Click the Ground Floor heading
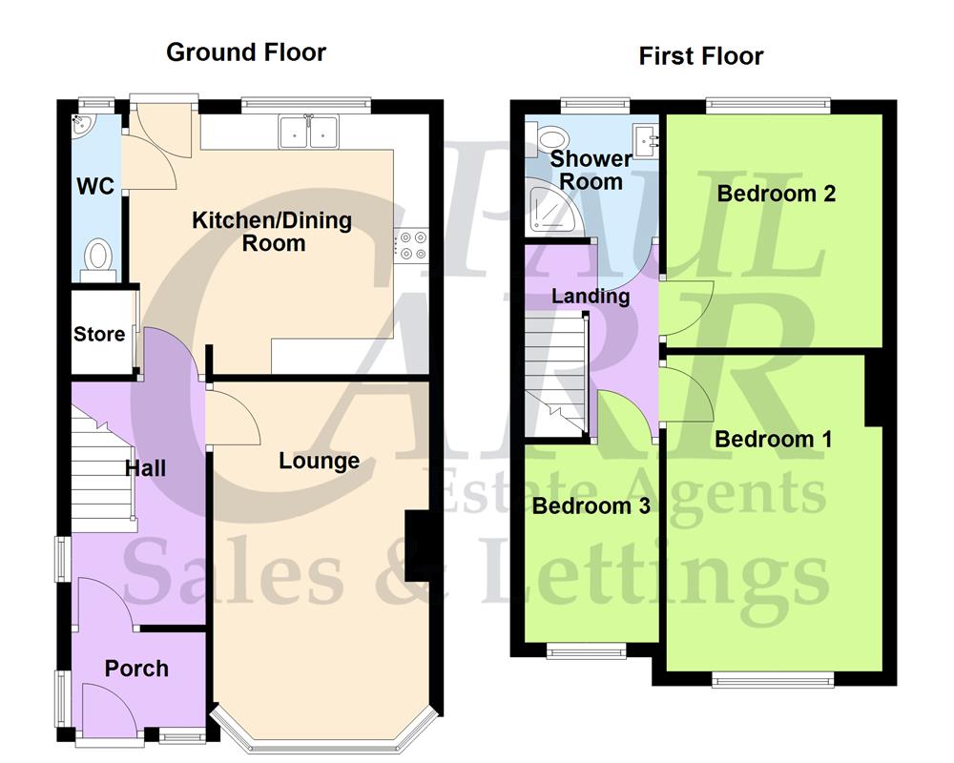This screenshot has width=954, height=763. (x=246, y=52)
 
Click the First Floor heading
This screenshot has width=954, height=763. (x=701, y=56)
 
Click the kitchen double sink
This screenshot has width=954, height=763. (x=308, y=132)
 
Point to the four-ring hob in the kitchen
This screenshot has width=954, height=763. (x=413, y=246)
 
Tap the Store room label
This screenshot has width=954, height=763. (x=99, y=334)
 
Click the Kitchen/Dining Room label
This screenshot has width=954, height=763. (x=272, y=232)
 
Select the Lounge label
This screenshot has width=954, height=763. (x=319, y=462)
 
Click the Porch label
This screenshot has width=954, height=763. (x=136, y=669)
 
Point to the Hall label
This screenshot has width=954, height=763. (x=145, y=467)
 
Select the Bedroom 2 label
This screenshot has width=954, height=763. (x=777, y=194)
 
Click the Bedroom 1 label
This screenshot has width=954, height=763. (x=773, y=439)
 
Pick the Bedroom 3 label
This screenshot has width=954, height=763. (x=591, y=505)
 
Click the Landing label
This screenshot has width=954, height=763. (x=591, y=296)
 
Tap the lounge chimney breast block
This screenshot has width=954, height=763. (x=417, y=546)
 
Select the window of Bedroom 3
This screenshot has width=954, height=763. (x=586, y=652)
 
